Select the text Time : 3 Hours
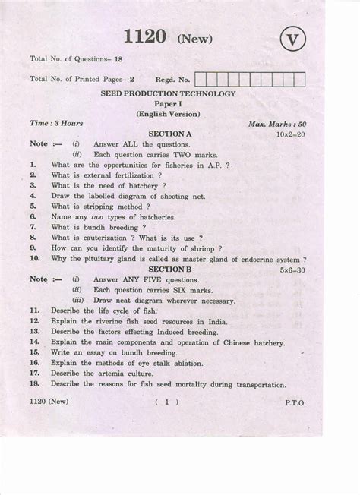(57, 123)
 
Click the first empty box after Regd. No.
(201, 78)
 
